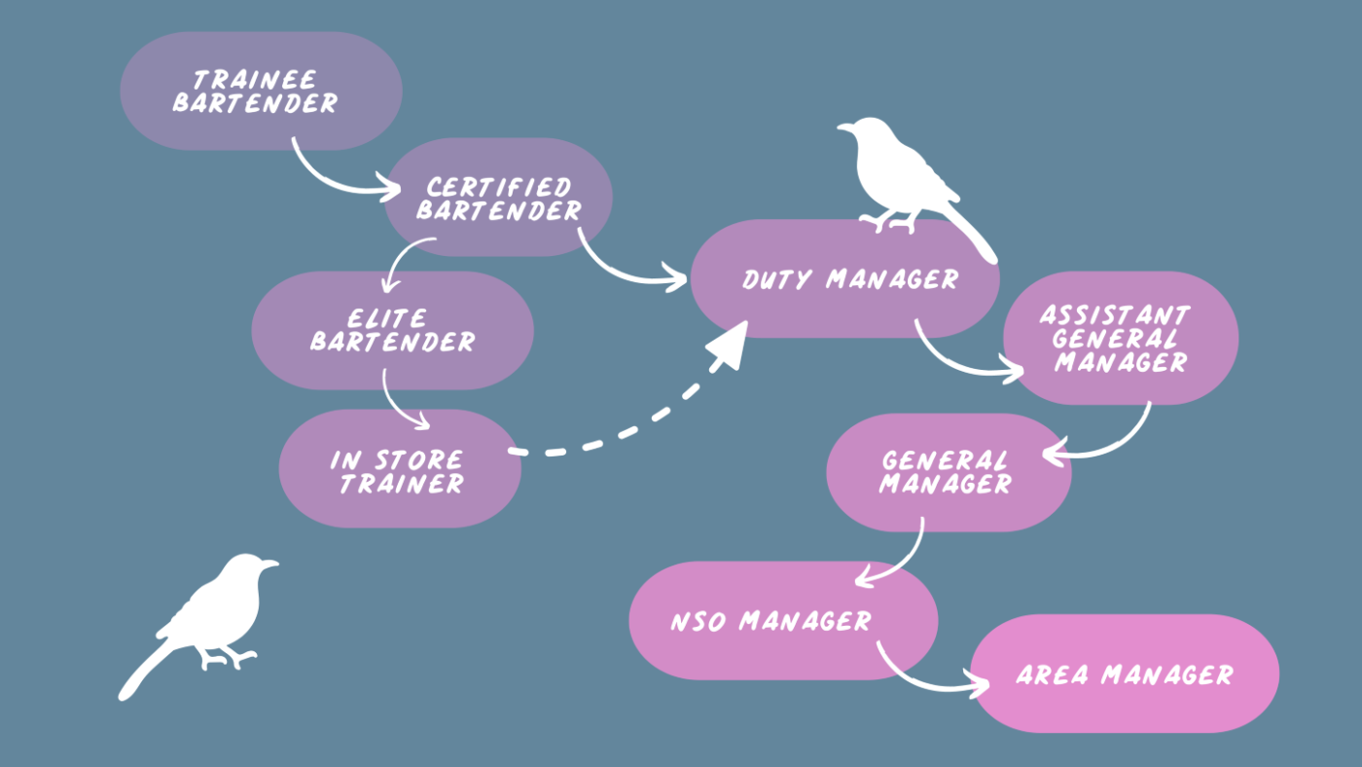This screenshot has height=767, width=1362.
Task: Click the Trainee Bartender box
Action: (261, 91)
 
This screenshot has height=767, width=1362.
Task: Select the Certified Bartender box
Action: (498, 197)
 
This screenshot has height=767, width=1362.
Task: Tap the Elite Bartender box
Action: (393, 330)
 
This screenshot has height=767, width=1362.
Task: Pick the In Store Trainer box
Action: (400, 468)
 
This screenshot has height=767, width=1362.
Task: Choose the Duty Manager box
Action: (845, 278)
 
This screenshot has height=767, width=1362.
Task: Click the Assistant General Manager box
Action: (1121, 338)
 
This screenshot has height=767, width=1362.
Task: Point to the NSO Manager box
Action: (783, 620)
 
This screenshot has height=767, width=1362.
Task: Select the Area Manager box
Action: (1125, 674)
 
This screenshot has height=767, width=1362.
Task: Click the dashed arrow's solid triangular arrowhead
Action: (729, 347)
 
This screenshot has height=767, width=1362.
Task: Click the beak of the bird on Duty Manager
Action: (844, 128)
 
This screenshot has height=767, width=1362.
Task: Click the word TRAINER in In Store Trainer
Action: (402, 484)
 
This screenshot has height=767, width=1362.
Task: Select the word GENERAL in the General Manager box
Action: (945, 461)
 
